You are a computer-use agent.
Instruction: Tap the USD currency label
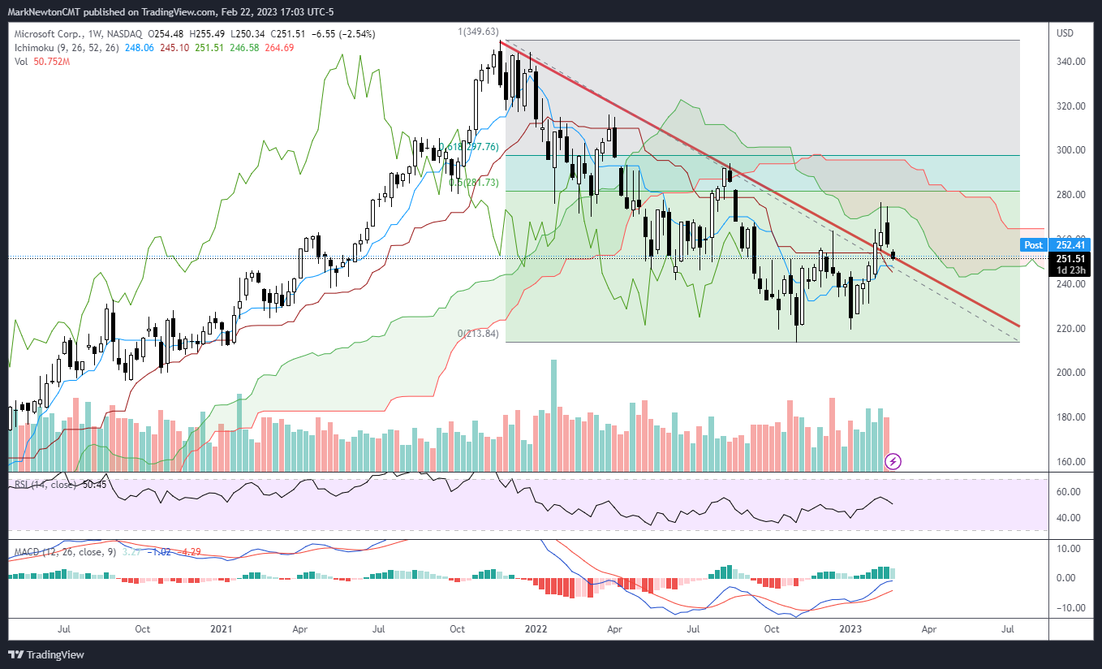[1064, 33]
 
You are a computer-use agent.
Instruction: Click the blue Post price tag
[1033, 244]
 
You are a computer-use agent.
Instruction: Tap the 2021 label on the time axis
[222, 629]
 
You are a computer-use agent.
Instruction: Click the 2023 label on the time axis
[850, 629]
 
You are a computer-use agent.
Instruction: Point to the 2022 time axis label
[536, 629]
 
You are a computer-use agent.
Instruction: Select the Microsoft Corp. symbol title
[47, 33]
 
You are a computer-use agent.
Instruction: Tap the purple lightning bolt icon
[893, 461]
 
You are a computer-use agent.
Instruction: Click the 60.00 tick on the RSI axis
[1067, 492]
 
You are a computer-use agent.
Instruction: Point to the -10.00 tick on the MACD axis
[1066, 608]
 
